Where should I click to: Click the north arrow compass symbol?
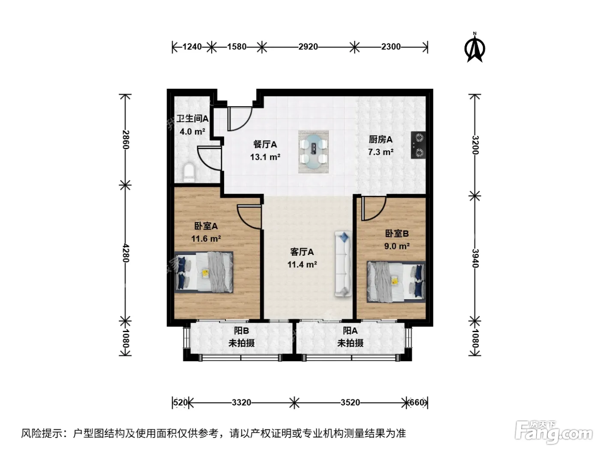pyautogui.click(x=474, y=48)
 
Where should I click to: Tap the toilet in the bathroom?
pyautogui.click(x=189, y=173)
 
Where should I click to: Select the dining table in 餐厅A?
pyautogui.click(x=313, y=152)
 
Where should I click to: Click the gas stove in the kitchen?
pyautogui.click(x=418, y=145)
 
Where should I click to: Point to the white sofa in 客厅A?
pyautogui.click(x=343, y=264)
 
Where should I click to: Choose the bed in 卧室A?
pyautogui.click(x=204, y=272)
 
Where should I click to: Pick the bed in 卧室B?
pyautogui.click(x=396, y=282)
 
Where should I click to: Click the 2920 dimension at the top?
pyautogui.click(x=308, y=47)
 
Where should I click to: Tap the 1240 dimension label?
pyautogui.click(x=192, y=47)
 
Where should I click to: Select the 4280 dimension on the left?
pyautogui.click(x=126, y=253)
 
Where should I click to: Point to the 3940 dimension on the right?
pyautogui.click(x=475, y=258)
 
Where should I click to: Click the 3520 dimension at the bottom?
pyautogui.click(x=350, y=402)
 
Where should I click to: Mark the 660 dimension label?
pyautogui.click(x=417, y=402)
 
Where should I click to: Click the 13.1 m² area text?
pyautogui.click(x=265, y=157)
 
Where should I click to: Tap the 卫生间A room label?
pyautogui.click(x=192, y=119)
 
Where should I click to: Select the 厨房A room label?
pyautogui.click(x=381, y=140)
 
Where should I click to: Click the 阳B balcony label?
pyautogui.click(x=241, y=330)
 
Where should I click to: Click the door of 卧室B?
pyautogui.click(x=373, y=208)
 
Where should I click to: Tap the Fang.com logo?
pyautogui.click(x=554, y=432)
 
